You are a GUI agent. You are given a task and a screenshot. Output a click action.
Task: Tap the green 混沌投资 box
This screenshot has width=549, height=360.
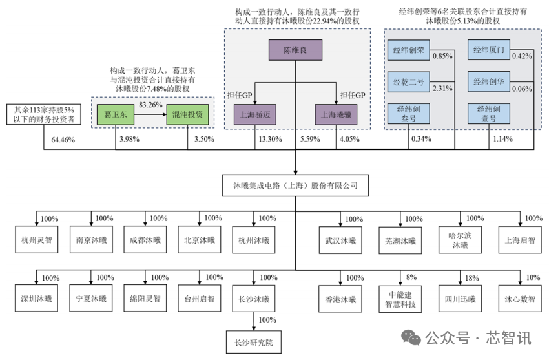(x=188, y=114)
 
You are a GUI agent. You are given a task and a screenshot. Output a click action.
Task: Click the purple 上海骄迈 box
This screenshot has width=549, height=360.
(x=256, y=114)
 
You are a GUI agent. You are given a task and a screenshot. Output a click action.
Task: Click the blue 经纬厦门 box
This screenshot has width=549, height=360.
(x=490, y=50)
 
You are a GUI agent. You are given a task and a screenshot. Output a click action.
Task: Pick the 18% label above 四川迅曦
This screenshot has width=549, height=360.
(x=472, y=277)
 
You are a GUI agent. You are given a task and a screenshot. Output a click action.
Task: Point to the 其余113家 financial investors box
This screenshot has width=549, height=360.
(x=44, y=114)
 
